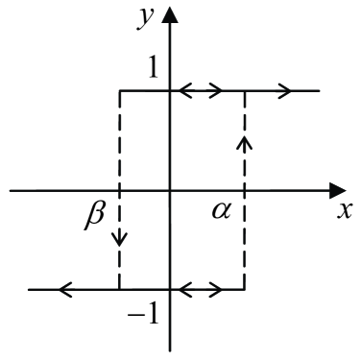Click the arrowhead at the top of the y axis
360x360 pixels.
172,15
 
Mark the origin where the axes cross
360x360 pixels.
172,190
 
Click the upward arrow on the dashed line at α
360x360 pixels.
244,143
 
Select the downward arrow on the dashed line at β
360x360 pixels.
119,236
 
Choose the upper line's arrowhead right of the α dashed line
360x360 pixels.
285,91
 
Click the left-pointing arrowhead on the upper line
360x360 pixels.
185,91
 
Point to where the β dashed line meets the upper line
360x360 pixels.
119,91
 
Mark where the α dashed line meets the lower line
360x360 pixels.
244,288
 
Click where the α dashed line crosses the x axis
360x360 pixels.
244,190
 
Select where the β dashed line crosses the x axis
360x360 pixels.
119,190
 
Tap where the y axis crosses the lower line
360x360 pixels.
172,288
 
